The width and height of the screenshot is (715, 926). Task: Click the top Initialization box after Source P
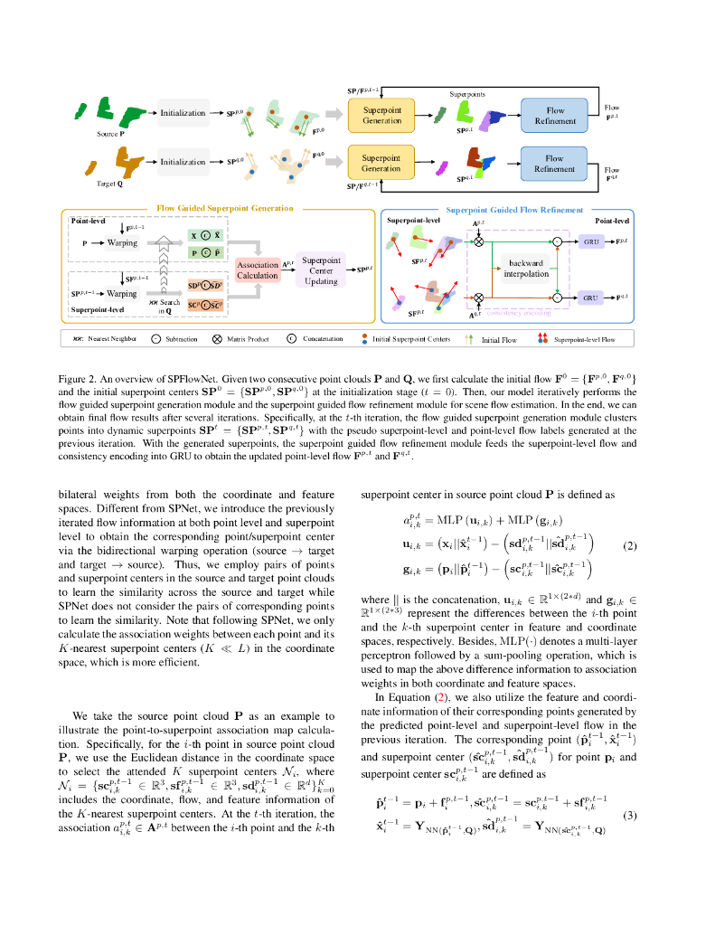tap(183, 113)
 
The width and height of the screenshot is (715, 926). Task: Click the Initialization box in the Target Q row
tap(183, 162)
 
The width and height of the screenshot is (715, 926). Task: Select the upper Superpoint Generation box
tap(381, 115)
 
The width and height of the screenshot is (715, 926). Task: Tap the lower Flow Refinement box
tap(554, 164)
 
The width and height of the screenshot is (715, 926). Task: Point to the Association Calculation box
tap(258, 270)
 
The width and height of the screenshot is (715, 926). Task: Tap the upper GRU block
tap(592, 243)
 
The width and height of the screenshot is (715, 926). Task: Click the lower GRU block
tap(592, 298)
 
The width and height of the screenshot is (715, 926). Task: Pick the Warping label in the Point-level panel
tap(122, 243)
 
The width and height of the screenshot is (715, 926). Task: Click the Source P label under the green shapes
tap(110, 134)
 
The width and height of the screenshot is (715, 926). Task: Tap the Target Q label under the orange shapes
tap(110, 183)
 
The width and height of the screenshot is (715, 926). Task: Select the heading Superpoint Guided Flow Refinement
tap(514, 210)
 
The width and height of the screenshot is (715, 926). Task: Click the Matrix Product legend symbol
tap(218, 339)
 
